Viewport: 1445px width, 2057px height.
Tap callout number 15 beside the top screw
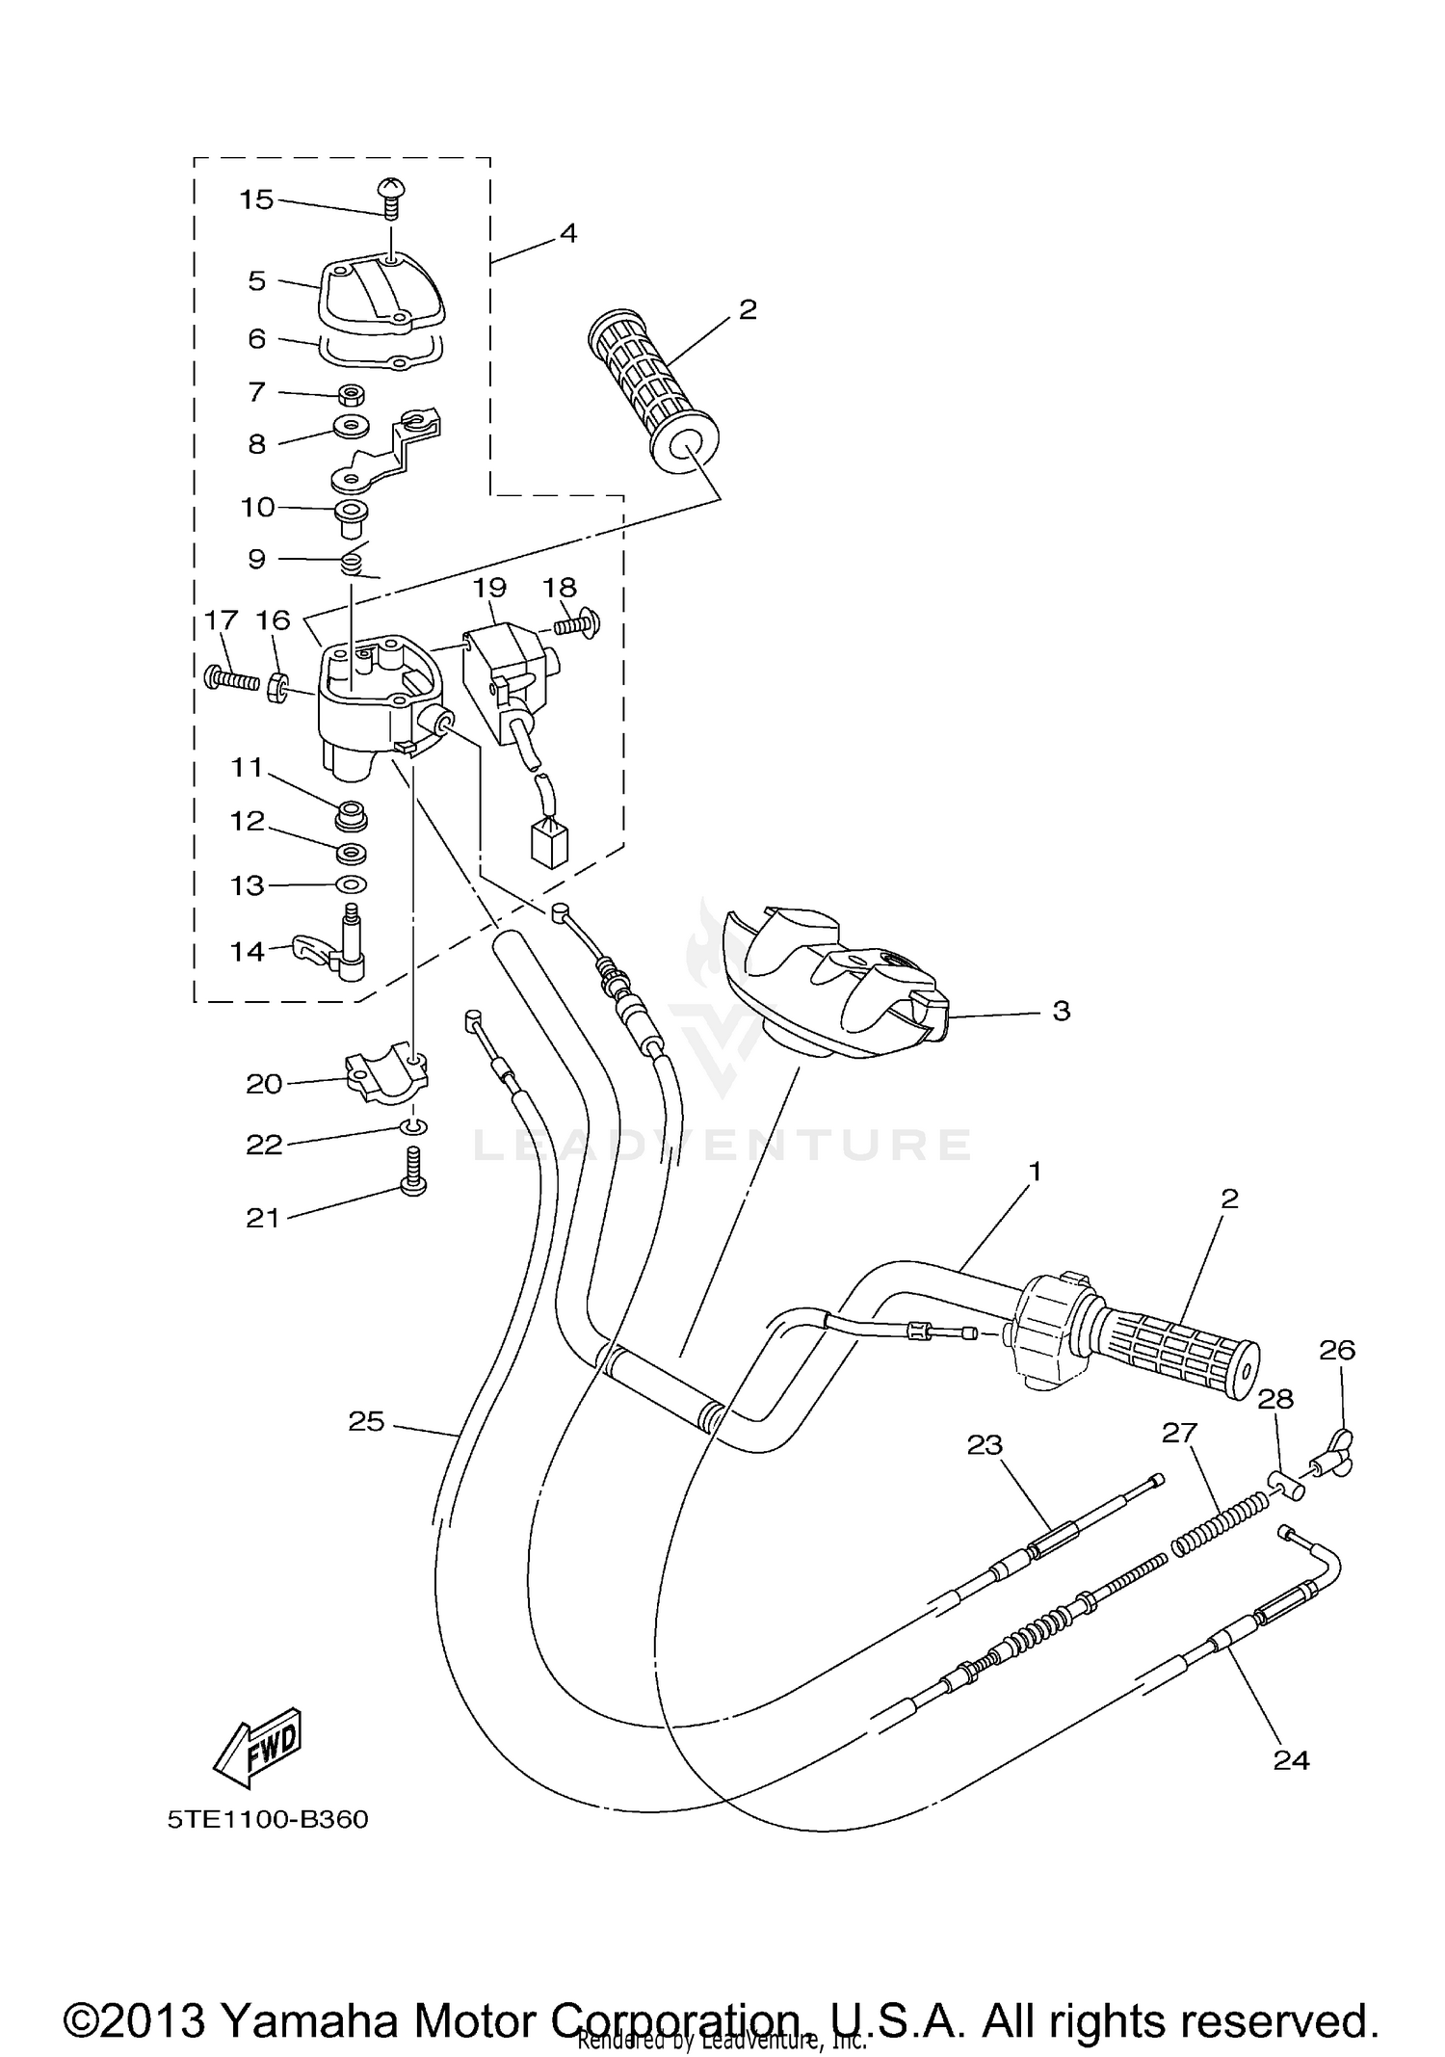(256, 199)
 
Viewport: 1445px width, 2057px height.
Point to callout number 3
(1061, 1011)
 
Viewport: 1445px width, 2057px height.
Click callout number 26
(1337, 1350)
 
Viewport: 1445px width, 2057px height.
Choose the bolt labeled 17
(231, 679)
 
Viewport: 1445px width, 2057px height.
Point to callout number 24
(1291, 1760)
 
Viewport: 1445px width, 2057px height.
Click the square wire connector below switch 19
(548, 844)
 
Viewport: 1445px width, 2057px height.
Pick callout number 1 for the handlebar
(1035, 1172)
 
